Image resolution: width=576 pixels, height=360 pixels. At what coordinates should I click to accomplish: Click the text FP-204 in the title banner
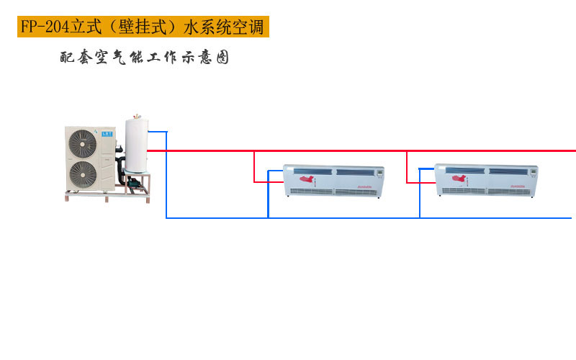[44, 27]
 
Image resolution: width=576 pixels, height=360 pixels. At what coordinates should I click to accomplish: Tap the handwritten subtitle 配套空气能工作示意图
[145, 58]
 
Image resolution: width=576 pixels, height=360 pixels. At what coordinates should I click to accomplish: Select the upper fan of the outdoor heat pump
[82, 143]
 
